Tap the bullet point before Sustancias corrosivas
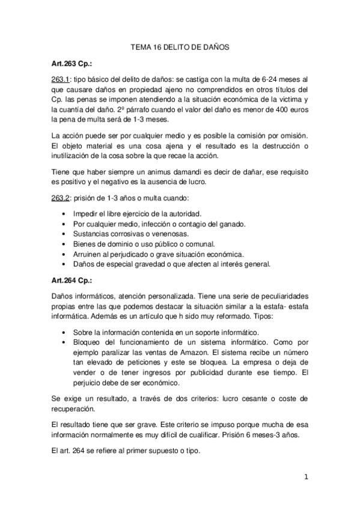coord(65,234)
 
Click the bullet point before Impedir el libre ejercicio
coord(65,214)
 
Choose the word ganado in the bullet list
coord(215,224)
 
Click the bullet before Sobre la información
coord(65,333)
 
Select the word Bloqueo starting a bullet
coord(88,343)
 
